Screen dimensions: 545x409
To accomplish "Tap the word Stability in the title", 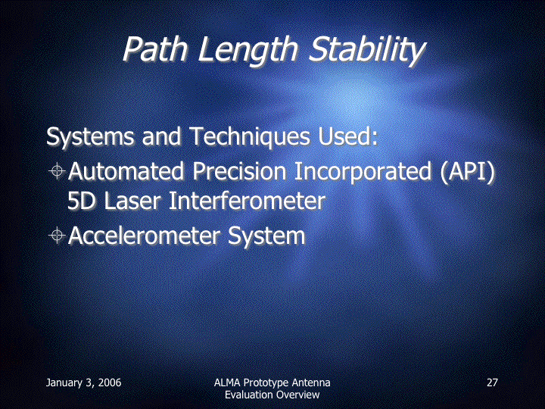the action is (367, 51).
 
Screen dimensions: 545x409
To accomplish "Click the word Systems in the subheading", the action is (89, 136).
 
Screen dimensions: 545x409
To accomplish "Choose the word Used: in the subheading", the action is (348, 136).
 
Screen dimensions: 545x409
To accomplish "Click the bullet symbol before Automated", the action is (57, 170).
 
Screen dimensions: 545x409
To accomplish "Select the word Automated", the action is (126, 170).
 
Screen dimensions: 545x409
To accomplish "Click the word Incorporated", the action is (363, 172).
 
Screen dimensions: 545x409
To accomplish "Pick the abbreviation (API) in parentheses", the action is (467, 172).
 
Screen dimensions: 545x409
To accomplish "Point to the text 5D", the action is (81, 201).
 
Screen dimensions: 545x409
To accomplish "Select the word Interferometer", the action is (247, 201).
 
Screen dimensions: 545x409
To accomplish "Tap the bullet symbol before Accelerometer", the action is (57, 236).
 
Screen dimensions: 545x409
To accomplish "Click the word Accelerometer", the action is (144, 236).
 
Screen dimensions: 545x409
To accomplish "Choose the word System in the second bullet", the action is (266, 236).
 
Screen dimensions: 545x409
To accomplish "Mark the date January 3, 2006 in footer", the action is (84, 383).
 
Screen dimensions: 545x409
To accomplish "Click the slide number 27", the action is (492, 382).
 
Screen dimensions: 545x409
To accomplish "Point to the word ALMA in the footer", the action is (227, 382).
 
